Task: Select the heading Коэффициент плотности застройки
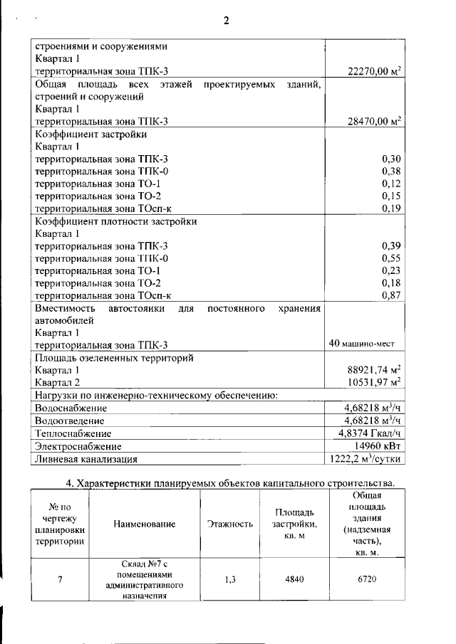(116, 221)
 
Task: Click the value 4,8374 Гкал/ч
(370, 433)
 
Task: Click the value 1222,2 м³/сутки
(365, 459)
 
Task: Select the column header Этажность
(229, 524)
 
